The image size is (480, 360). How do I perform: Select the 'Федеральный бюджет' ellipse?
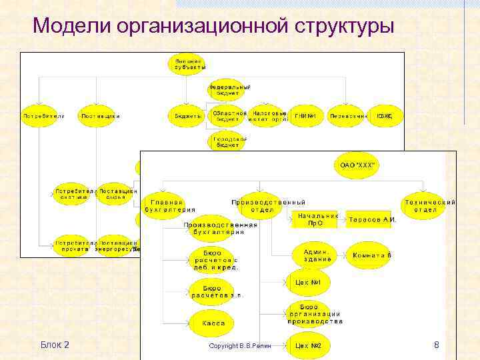coord(229,90)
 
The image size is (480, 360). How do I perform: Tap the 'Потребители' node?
coord(44,116)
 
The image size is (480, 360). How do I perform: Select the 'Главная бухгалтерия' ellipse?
coord(167,205)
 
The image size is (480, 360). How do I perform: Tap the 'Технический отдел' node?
coord(429,205)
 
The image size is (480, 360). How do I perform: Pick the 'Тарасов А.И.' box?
coord(371,220)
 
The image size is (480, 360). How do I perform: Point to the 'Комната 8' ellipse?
coord(372,255)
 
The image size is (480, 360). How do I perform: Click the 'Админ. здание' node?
coord(315,255)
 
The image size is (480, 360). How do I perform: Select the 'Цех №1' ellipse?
coord(308,282)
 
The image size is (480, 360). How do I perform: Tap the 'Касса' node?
coord(213,323)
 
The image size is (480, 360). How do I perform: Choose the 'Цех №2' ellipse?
coord(308,345)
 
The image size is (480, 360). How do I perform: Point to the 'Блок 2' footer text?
coord(55,345)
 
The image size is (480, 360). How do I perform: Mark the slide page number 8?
coord(436,345)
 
